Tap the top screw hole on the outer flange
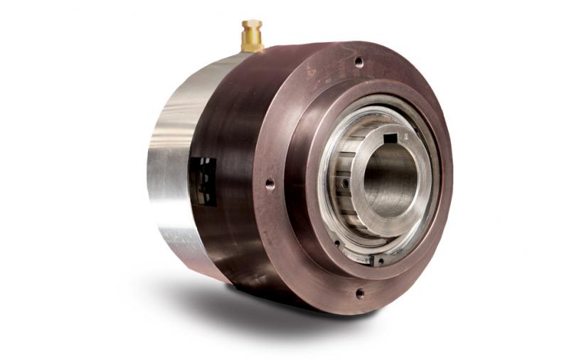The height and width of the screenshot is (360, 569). (358, 62)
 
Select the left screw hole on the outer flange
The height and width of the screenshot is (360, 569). (270, 184)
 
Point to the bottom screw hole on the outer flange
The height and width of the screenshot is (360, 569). (359, 292)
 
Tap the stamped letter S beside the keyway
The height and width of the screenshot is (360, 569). (405, 134)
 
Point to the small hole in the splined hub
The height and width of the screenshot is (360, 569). (345, 184)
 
